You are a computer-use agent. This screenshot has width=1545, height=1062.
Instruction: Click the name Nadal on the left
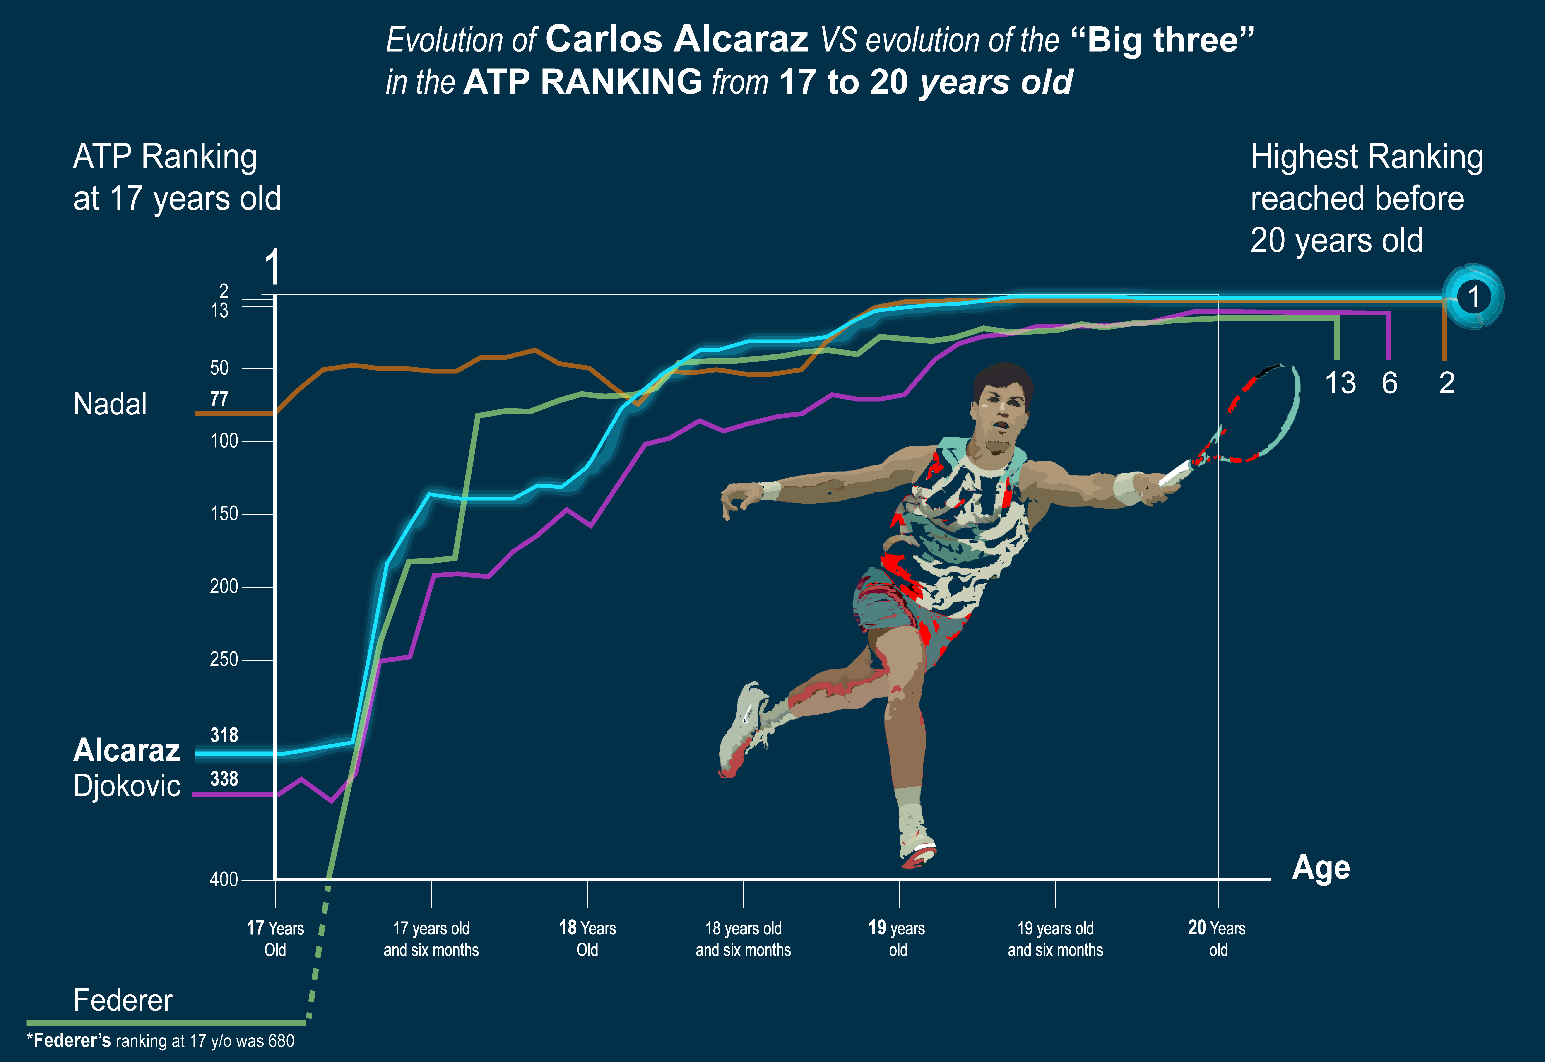(110, 404)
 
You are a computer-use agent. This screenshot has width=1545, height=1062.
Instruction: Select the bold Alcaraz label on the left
(126, 751)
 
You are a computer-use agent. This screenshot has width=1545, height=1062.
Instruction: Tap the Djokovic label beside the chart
(126, 786)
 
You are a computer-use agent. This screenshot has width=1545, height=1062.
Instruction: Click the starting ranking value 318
(224, 735)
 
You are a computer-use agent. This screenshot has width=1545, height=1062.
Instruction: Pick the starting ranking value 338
(224, 778)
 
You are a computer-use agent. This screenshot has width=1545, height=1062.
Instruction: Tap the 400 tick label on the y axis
(224, 880)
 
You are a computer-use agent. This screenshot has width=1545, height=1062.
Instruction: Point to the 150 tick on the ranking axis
(224, 514)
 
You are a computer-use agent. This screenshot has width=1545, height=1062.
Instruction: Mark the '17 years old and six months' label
(431, 938)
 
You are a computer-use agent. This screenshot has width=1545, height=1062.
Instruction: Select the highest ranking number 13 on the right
(1340, 383)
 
